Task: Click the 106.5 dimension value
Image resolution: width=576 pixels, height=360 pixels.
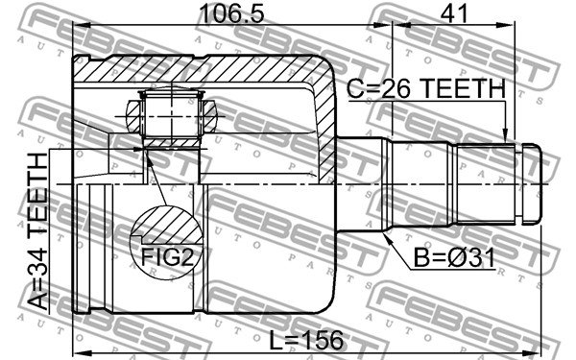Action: [231, 13]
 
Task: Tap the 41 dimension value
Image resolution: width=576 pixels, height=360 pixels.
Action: [454, 13]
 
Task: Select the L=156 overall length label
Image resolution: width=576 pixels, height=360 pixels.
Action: [306, 340]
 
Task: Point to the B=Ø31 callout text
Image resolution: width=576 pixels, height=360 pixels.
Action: [454, 258]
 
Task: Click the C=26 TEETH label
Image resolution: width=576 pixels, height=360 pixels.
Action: [426, 88]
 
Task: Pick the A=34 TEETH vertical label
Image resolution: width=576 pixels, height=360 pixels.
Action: [37, 231]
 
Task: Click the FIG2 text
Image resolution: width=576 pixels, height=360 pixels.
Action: [167, 256]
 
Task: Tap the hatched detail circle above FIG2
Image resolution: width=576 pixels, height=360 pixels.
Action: [166, 225]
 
